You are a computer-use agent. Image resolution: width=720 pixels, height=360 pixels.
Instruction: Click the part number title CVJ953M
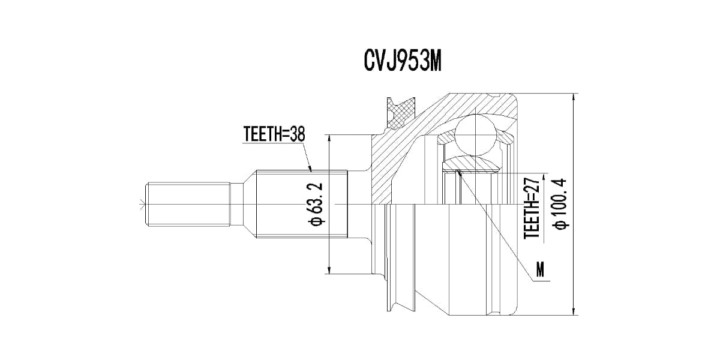click(403, 61)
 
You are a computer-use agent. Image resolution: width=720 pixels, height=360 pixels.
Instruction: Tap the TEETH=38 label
click(274, 134)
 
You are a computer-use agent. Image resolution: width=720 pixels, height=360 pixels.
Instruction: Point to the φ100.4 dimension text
click(560, 204)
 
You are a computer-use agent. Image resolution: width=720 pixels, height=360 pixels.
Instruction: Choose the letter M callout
click(540, 269)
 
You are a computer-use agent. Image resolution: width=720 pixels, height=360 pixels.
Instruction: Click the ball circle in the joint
click(475, 136)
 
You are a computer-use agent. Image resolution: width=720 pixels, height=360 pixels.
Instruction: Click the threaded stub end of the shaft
click(188, 205)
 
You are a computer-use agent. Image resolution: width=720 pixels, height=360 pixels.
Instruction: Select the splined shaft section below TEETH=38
click(302, 204)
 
